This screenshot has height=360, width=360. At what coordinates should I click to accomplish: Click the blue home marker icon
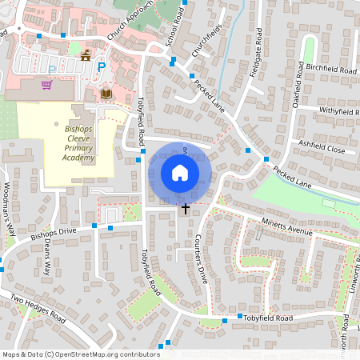pyautogui.click(x=180, y=173)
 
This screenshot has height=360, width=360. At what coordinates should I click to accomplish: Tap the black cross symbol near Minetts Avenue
pyautogui.click(x=186, y=209)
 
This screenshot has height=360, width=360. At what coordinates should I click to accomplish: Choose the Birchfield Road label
pyautogui.click(x=330, y=70)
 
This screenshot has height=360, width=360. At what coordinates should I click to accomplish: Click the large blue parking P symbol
pyautogui.click(x=101, y=68)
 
